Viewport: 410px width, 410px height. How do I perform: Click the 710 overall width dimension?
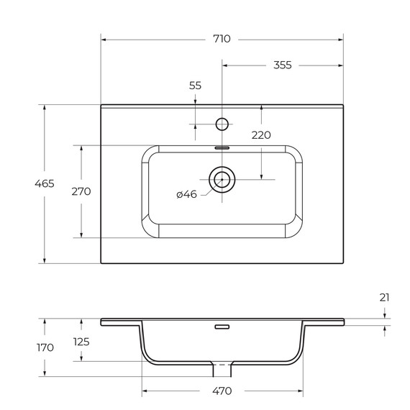[222, 39]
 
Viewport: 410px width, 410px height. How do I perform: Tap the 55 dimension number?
[195, 86]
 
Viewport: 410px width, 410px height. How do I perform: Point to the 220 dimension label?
[260, 135]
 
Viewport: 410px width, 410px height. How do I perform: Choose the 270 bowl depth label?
[81, 191]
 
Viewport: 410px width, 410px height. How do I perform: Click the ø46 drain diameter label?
[186, 194]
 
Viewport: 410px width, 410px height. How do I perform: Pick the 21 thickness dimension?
[386, 297]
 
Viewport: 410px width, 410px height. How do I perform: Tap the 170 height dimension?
[45, 347]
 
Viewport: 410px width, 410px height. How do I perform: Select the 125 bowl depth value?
[81, 342]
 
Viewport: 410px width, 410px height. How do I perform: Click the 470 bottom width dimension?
[222, 391]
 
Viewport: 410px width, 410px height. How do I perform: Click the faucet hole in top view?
[222, 124]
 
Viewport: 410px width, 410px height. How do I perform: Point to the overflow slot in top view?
[222, 146]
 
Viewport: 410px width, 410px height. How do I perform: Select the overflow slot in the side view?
[222, 327]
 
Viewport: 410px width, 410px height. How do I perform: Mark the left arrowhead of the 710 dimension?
[104, 39]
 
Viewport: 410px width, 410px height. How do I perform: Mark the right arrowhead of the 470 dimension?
[300, 391]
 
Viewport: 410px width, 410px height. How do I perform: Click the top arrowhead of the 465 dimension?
[45, 107]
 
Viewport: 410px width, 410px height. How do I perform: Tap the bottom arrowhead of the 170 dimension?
[45, 375]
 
